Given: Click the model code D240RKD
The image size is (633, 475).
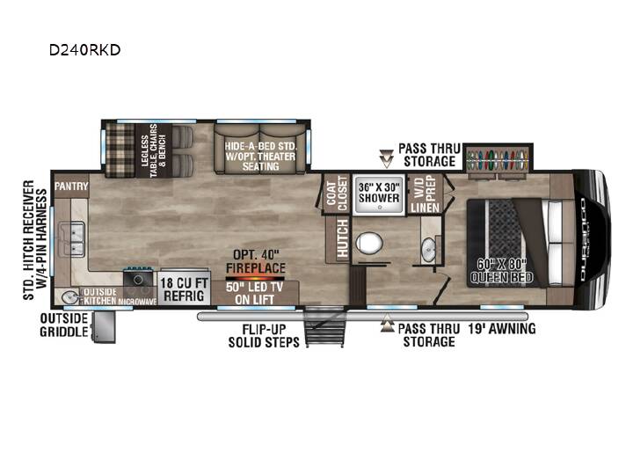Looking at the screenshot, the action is coord(84,50).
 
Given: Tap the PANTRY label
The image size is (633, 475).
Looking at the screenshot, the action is coord(71,186).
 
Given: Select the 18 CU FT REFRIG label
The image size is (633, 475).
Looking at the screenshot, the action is coord(184,289).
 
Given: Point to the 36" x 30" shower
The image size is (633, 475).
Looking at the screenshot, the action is coord(379,194).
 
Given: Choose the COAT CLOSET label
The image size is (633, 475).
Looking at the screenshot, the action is coord(337,193).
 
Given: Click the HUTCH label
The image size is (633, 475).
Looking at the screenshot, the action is coord(342,238).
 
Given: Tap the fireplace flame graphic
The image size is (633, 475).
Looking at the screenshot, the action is coord(255,278).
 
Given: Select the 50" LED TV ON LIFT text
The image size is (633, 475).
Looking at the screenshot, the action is coord(255,293).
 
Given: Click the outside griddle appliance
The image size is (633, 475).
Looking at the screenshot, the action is coord(104,326).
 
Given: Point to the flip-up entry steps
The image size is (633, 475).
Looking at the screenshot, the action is coord(325,326).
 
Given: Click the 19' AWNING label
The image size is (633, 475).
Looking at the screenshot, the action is coord(502,329).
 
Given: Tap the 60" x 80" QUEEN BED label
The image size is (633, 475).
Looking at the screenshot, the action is coord(501,271).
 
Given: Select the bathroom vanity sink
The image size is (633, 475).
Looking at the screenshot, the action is coord(428,249).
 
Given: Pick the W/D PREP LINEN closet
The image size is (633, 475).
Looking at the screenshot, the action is coord(426,194).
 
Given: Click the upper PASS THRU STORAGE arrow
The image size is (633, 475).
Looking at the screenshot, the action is coord(386,158).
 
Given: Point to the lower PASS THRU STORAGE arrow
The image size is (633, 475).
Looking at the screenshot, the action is coord(387,323).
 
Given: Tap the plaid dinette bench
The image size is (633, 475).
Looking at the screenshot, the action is coord(120,150).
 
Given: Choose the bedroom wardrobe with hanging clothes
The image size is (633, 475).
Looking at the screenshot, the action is coord(498,158).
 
